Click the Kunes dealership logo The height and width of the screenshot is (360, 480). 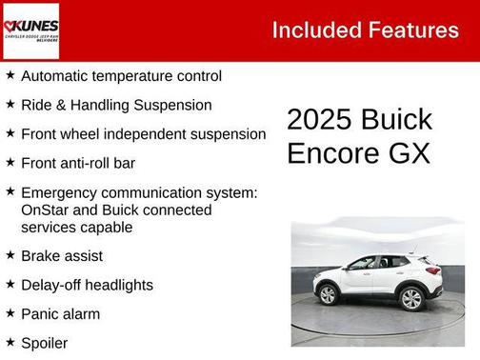click(30, 30)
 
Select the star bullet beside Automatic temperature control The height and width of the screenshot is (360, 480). click(10, 74)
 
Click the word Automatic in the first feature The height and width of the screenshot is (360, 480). click(56, 75)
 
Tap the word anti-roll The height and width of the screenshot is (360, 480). click(88, 163)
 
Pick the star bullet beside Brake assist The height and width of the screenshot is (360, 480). click(10, 255)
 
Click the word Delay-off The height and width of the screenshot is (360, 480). click(50, 285)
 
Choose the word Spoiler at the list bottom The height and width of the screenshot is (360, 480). click(45, 342)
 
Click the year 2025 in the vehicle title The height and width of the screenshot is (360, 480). click(321, 120)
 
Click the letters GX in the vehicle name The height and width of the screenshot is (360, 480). click(411, 152)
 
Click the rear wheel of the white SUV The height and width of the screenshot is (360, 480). click(411, 299)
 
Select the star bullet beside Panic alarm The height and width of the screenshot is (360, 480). click(10, 312)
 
